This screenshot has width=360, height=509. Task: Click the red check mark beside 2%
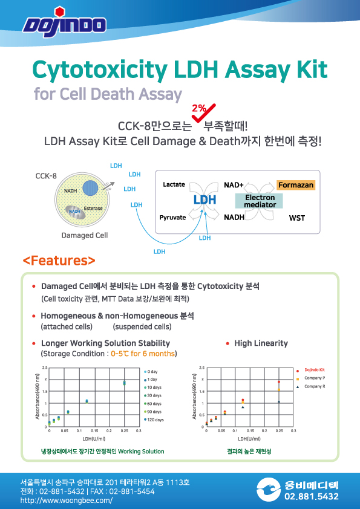pyautogui.click(x=204, y=112)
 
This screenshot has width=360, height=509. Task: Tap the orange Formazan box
pyautogui.click(x=296, y=185)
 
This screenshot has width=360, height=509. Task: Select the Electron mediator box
pyautogui.click(x=260, y=201)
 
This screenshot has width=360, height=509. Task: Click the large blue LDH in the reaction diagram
pyautogui.click(x=205, y=199)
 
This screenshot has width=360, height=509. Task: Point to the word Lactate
pyautogui.click(x=174, y=184)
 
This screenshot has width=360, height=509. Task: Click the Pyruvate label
pyautogui.click(x=172, y=218)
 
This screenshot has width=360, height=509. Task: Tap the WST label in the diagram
pyautogui.click(x=297, y=218)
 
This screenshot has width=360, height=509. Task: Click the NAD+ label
pyautogui.click(x=234, y=185)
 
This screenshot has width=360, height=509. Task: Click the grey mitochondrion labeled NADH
pyautogui.click(x=76, y=212)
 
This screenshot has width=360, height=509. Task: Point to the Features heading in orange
pyautogui.click(x=59, y=261)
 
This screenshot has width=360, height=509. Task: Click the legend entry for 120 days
pyautogui.click(x=154, y=420)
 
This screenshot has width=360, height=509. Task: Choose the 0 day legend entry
pyautogui.click(x=151, y=371)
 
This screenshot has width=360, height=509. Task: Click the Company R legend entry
pyautogui.click(x=310, y=387)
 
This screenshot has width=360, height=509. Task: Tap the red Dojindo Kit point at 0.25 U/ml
pyautogui.click(x=279, y=382)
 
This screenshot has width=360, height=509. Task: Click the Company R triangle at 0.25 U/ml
pyautogui.click(x=279, y=402)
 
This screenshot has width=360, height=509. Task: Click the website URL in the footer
pyautogui.click(x=67, y=501)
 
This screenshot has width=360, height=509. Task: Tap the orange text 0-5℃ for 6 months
pyautogui.click(x=143, y=354)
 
